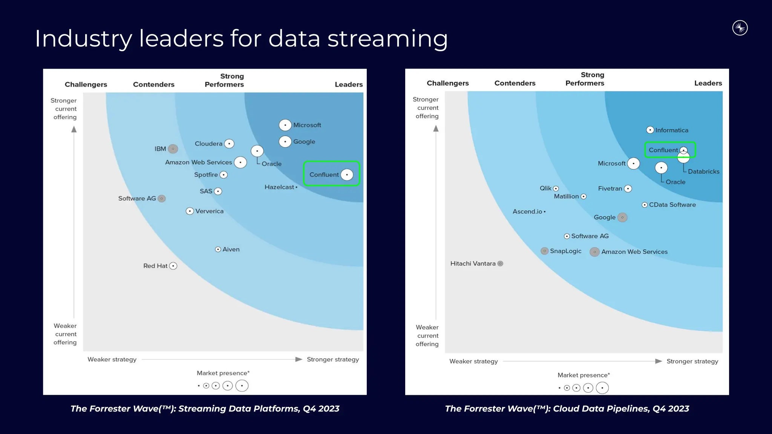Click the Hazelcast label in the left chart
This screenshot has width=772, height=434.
[x=279, y=187]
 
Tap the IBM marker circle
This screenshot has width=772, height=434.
[x=173, y=149]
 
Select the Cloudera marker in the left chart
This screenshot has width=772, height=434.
[x=229, y=144]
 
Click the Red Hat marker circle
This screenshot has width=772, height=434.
[x=173, y=266]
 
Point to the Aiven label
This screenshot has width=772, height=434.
[x=231, y=249]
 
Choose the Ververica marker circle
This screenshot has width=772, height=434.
[x=190, y=211]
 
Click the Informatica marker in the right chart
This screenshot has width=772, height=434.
[x=650, y=130]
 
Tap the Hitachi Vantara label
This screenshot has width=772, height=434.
[x=473, y=264]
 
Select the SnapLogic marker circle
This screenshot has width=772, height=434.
[x=544, y=251]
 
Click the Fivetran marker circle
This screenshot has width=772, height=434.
[x=628, y=189]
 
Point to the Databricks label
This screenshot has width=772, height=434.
[x=703, y=171]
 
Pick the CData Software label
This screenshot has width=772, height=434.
[x=672, y=205]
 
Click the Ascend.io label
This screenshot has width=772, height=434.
[x=527, y=212]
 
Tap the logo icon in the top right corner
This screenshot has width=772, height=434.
[x=740, y=28]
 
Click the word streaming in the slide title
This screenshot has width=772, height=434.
[x=388, y=39]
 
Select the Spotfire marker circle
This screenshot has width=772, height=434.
[x=224, y=175]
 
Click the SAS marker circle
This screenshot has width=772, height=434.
[x=218, y=191]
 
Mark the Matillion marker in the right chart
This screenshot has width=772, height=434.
[x=584, y=196]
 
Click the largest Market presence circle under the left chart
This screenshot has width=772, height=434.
[x=242, y=386]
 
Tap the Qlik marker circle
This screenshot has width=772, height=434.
[x=556, y=188]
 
